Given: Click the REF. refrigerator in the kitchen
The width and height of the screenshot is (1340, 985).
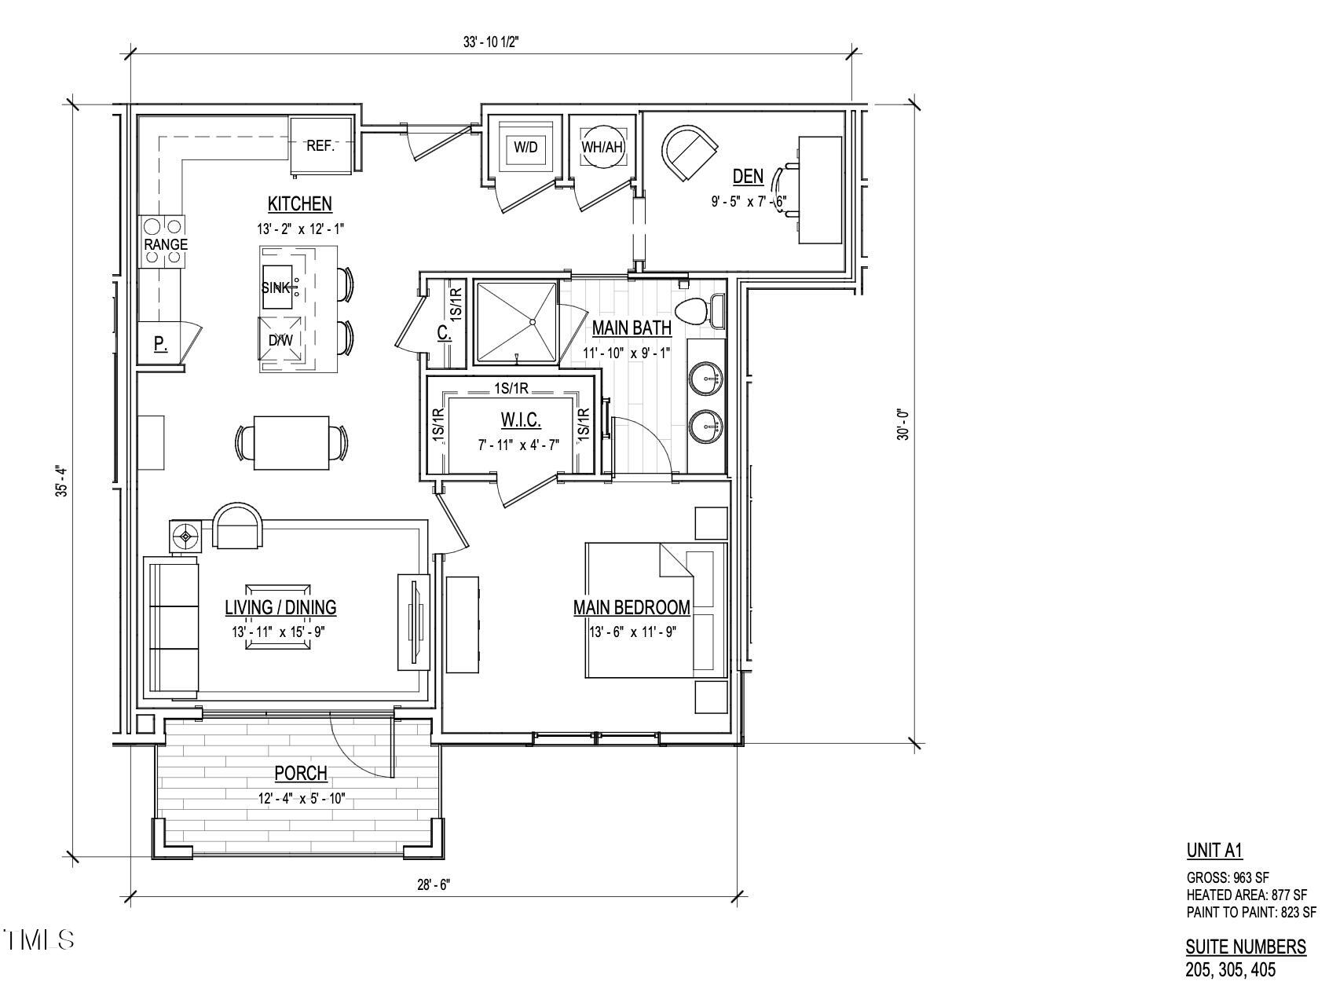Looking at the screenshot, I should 320,145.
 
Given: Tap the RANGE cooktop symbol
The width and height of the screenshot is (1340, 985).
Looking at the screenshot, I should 166,243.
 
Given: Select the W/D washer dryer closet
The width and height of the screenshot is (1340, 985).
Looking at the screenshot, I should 525,146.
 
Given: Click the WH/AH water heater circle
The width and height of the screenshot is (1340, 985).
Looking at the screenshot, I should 602,146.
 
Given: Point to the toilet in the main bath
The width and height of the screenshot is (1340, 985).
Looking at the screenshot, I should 694,312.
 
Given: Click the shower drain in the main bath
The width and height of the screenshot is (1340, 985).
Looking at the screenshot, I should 533,321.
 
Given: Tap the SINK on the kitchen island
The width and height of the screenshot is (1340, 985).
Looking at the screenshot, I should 276,287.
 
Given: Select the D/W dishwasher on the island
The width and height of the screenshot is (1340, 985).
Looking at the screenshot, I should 280,340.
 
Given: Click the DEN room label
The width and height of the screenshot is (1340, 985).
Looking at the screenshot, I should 748,176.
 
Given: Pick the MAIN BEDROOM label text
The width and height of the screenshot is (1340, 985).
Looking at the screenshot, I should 632,607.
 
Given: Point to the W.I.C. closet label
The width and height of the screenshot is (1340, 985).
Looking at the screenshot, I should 521,421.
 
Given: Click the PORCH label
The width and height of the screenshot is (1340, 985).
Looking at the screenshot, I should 300,774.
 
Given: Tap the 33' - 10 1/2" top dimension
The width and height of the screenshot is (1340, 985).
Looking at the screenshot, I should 491,43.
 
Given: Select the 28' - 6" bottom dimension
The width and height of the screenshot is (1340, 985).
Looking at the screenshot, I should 434,884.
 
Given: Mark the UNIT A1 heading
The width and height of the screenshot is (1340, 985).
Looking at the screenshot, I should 1214,850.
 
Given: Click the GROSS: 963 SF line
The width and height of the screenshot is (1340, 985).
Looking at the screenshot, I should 1227,877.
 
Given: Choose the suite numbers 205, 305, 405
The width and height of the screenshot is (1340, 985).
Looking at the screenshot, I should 1230,970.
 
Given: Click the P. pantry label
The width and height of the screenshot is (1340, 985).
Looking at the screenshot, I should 160,343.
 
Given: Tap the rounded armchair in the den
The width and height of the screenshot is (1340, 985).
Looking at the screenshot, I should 689,152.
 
